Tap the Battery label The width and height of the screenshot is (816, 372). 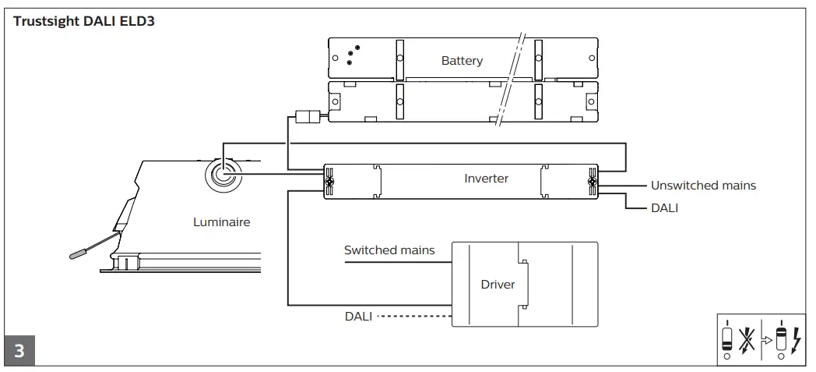click(462, 60)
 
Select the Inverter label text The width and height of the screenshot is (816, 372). click(486, 179)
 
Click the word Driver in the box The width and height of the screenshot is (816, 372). click(498, 285)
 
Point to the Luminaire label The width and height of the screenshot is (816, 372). click(222, 222)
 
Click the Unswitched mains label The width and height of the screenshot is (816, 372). click(703, 186)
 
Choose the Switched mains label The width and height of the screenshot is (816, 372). click(389, 250)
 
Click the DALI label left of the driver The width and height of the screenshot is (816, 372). click(358, 316)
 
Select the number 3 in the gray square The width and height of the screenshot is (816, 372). click(19, 350)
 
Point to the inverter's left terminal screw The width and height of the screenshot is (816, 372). click(330, 181)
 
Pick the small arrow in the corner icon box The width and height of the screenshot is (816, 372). click(768, 341)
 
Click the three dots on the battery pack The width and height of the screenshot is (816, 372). click(350, 54)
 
